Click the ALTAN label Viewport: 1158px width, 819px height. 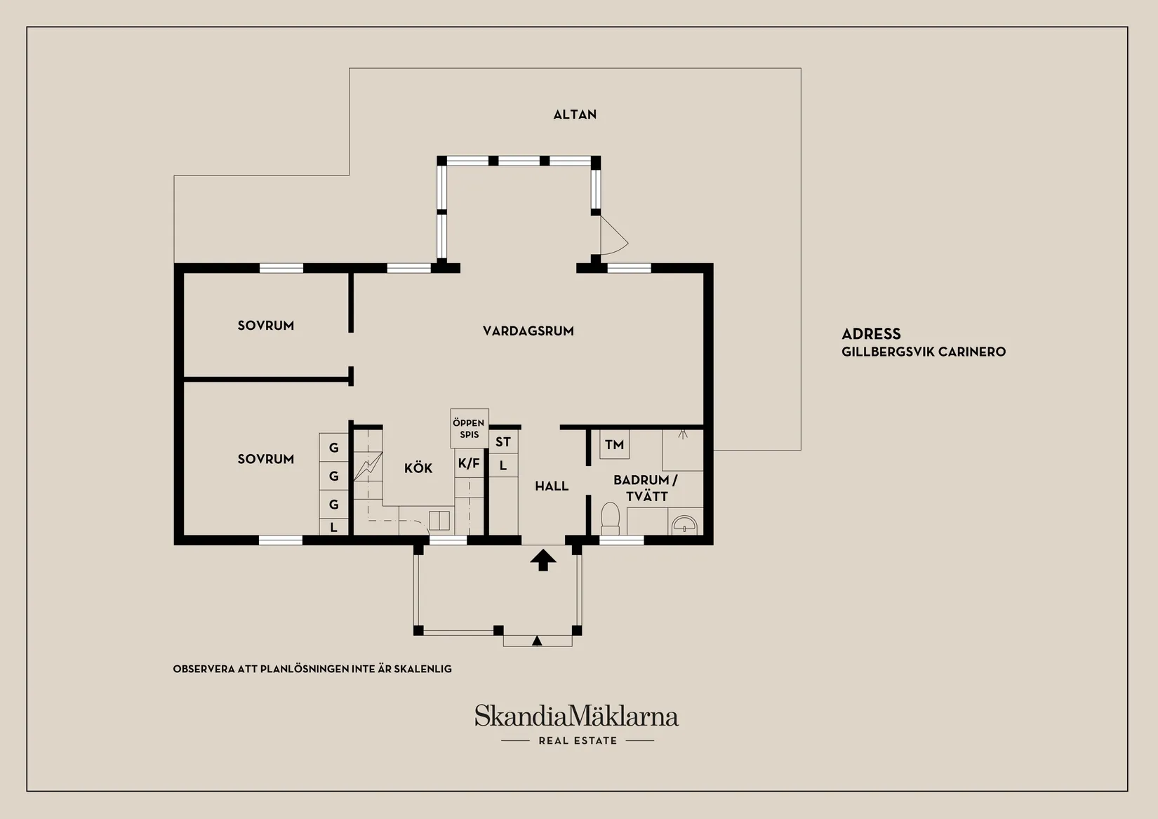point(575,114)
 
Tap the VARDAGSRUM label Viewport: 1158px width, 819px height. point(528,331)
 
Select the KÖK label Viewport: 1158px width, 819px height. point(418,468)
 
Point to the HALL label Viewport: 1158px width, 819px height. point(552,486)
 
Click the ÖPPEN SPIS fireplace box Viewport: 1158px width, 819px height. point(470,428)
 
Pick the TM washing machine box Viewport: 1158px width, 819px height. point(615,444)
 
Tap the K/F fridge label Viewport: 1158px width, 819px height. point(469,463)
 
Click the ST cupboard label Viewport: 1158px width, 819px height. point(503,442)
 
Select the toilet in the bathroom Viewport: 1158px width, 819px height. point(611,519)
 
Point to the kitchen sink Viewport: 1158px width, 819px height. point(439,521)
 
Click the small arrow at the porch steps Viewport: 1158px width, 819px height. point(537,641)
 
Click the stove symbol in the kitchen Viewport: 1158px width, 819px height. point(368,467)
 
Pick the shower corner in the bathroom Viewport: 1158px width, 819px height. point(683,450)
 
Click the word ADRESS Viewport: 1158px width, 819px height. point(871,333)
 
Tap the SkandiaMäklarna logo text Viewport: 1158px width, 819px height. point(577,716)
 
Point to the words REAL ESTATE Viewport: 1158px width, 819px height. point(578,741)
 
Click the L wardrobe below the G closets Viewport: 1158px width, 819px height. point(333,527)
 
